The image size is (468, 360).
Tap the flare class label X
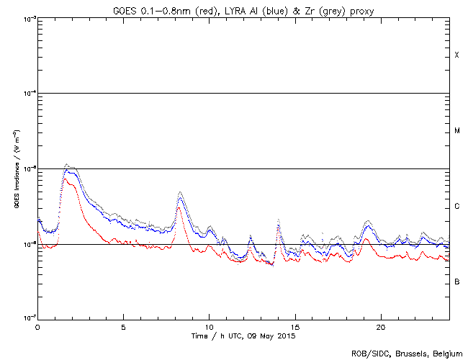pos(456,55)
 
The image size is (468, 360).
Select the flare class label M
pos(456,131)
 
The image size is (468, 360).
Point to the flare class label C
pos(456,207)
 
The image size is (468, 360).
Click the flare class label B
pos(456,282)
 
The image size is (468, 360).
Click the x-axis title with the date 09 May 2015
pos(243,336)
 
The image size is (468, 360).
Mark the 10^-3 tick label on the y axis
pos(27,18)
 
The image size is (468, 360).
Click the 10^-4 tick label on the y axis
pos(27,94)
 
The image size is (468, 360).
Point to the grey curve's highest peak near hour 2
pos(66,164)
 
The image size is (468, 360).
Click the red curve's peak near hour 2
pos(66,179)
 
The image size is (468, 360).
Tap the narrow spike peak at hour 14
pos(278,220)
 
